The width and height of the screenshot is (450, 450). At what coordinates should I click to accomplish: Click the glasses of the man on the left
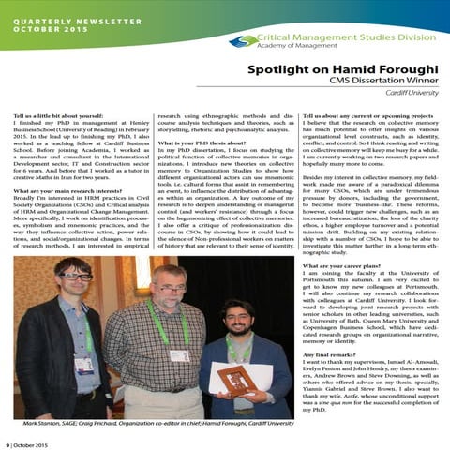click(x=73, y=250)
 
